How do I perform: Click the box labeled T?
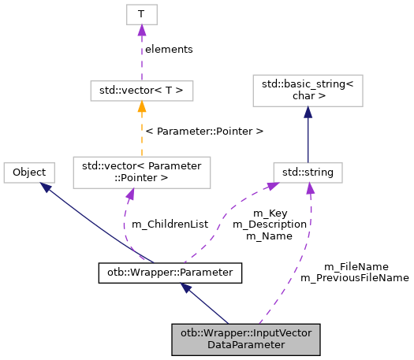pyautogui.click(x=141, y=14)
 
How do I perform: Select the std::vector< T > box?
pyautogui.click(x=141, y=91)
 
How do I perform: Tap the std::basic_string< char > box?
pyautogui.click(x=307, y=91)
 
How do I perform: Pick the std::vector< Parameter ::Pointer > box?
pyautogui.click(x=141, y=172)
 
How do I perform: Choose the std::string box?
pyautogui.click(x=308, y=171)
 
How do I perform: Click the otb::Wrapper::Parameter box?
pyautogui.click(x=170, y=273)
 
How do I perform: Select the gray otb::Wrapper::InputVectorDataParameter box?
pyautogui.click(x=247, y=339)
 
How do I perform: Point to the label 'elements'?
pyautogui.click(x=169, y=49)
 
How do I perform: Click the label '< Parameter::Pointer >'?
pyautogui.click(x=204, y=130)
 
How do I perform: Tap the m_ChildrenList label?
pyautogui.click(x=170, y=224)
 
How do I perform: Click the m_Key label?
pyautogui.click(x=269, y=213)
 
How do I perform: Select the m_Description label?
pyautogui.click(x=269, y=224)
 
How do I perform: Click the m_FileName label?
pyautogui.click(x=356, y=266)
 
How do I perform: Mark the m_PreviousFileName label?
pyautogui.click(x=354, y=277)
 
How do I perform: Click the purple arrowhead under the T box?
pyautogui.click(x=141, y=31)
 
